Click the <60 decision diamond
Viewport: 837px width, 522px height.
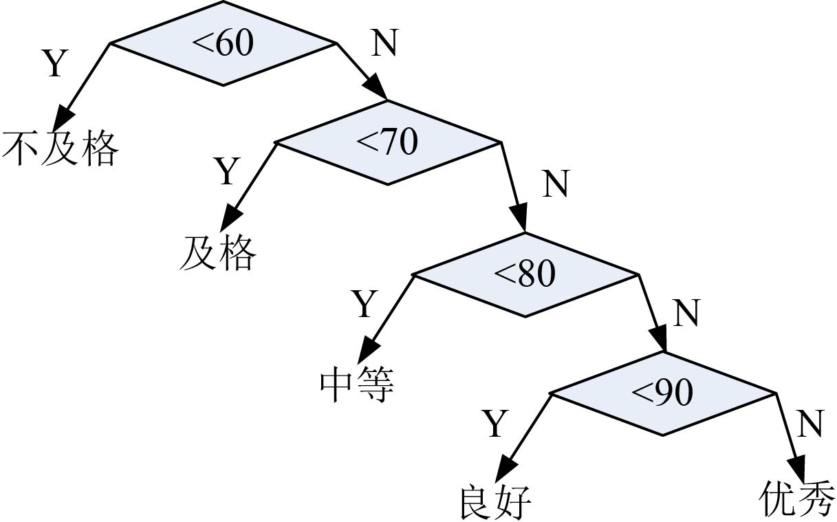coord(223,44)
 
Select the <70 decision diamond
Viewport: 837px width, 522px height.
coord(387,143)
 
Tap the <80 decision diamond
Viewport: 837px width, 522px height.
coord(525,275)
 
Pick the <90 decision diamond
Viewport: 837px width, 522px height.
coord(662,393)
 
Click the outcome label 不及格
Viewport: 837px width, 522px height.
coord(61,148)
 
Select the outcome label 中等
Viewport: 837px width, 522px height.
coord(357,385)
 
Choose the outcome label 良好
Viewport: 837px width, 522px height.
coord(494,503)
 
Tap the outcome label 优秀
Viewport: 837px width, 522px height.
coord(798,499)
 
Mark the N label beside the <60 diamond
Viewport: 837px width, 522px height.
coord(384,45)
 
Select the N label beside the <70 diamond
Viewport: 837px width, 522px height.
coord(556,185)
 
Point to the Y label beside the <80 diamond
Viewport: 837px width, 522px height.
coord(365,304)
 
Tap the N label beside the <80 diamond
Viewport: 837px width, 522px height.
coord(686,314)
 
